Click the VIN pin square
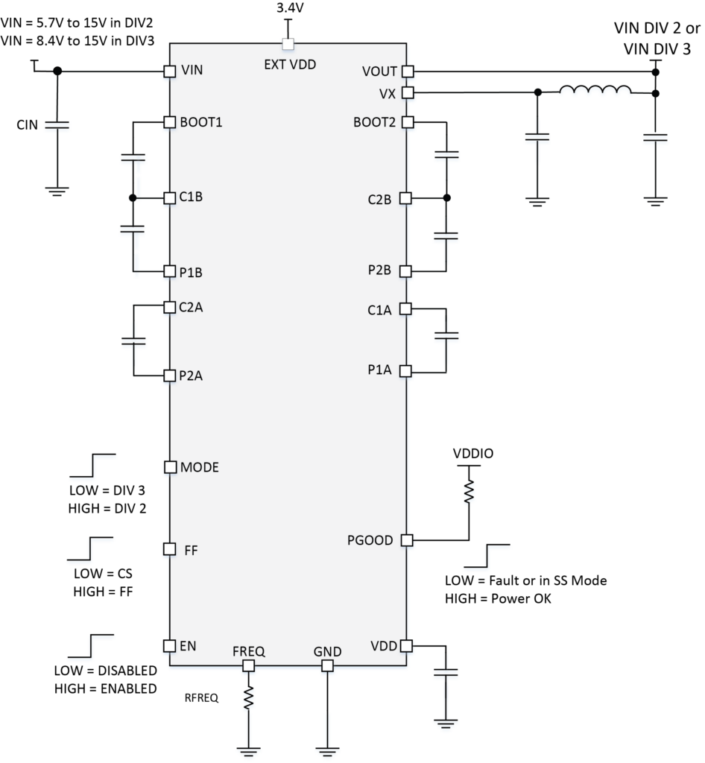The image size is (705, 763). pos(169,72)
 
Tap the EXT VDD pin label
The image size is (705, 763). pos(290,65)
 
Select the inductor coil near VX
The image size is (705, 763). pos(595,89)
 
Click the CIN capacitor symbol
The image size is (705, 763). pos(57,125)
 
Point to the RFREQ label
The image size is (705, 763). pos(201,697)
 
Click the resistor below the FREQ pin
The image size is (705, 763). pos(249,697)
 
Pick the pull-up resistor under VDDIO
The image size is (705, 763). pos(469,491)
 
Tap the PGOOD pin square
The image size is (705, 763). pos(407,540)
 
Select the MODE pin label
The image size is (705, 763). pos(200,467)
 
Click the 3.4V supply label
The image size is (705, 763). pos(290,7)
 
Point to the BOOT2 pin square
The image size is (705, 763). pos(408,121)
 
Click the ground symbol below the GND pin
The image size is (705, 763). pos(327,751)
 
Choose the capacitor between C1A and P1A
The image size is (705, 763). pos(446,335)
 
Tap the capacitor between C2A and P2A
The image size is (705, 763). pos(133,341)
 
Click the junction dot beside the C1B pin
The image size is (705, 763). pos(133,198)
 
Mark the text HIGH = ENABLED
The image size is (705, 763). pos(106,688)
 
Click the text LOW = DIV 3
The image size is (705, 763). pos(107,490)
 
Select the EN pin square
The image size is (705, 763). pos(169,646)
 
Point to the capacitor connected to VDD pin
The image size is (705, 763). pos(446,672)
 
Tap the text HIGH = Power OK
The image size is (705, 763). pos(499,598)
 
